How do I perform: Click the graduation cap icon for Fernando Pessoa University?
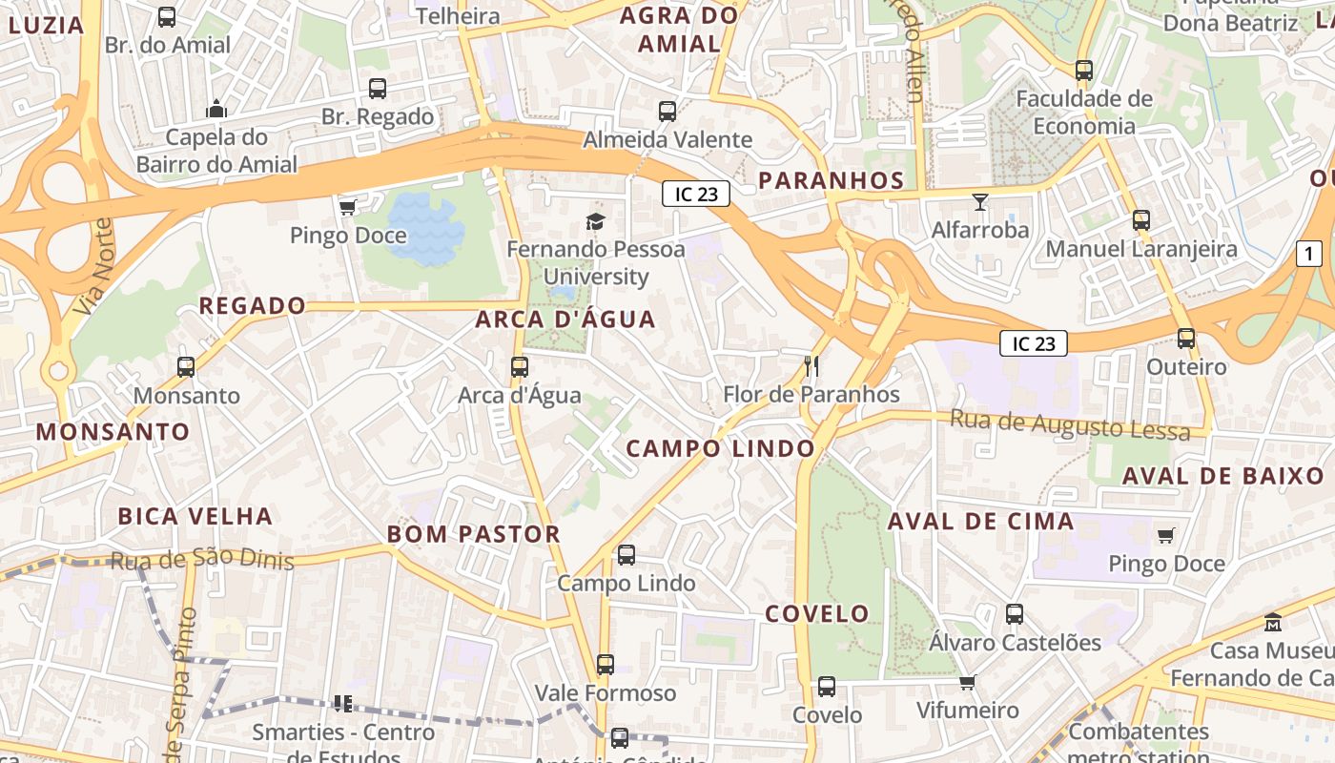click(595, 222)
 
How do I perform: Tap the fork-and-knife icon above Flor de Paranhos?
click(811, 365)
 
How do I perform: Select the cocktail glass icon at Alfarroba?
click(979, 201)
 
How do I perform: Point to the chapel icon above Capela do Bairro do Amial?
click(216, 109)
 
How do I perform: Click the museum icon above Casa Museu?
click(1272, 622)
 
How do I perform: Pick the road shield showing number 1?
click(1310, 254)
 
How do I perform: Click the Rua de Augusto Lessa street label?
click(1070, 424)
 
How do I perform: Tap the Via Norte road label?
click(92, 268)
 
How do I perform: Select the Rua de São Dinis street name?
click(202, 558)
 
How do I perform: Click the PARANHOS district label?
click(831, 180)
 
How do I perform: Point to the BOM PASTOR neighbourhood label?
click(474, 534)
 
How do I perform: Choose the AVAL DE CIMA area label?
click(981, 522)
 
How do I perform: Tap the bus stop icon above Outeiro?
click(1186, 339)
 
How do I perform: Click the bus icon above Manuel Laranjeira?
click(1140, 220)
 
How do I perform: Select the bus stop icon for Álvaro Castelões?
click(1015, 614)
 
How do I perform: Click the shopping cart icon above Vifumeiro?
click(967, 682)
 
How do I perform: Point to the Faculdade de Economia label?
click(1084, 113)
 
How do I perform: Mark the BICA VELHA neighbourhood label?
click(195, 517)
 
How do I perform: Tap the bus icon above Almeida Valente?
click(667, 112)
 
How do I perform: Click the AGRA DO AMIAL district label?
click(679, 30)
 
